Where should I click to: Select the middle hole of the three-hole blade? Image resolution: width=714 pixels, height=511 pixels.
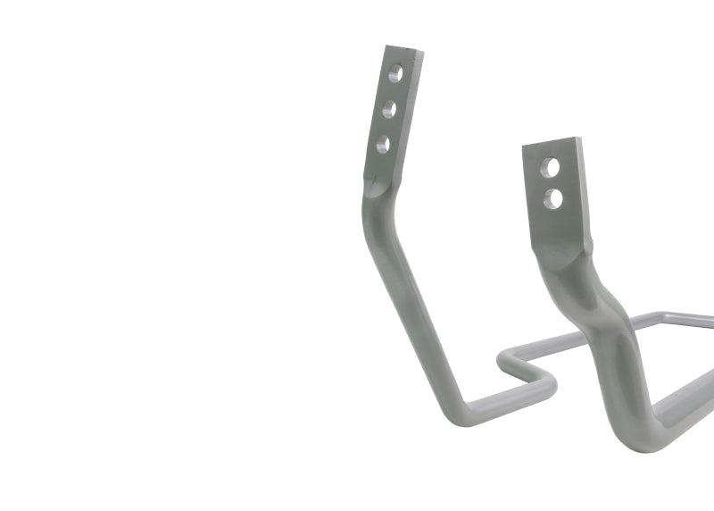point(389,109)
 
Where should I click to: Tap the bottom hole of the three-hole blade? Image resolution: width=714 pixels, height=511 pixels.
point(383,143)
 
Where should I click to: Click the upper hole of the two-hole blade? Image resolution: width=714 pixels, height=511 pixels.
point(552,167)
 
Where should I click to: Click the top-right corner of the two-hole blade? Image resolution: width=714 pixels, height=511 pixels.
point(580,138)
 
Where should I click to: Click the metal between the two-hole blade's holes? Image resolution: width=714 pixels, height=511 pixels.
point(553,182)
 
